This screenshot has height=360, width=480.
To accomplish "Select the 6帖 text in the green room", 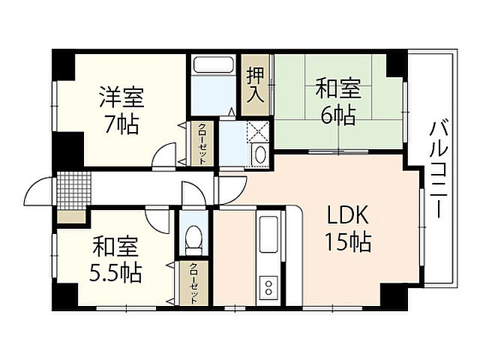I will [x=339, y=115].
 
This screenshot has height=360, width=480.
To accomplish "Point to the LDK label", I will [x=347, y=217].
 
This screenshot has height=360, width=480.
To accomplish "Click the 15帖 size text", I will [x=347, y=242].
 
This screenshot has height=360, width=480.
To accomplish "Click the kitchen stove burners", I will [x=268, y=286].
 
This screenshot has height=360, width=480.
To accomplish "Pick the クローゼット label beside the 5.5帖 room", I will [x=193, y=283].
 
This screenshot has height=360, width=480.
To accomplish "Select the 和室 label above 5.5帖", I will [x=115, y=245].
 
